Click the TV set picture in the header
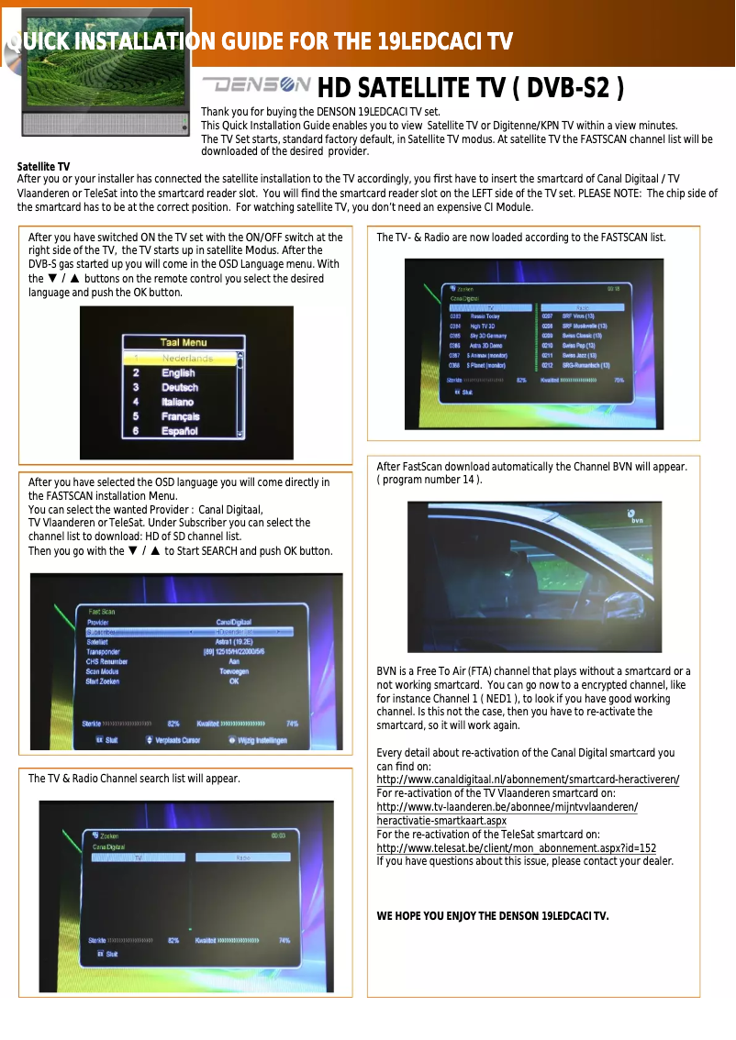coord(106,71)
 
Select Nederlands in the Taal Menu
coord(186,359)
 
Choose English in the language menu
coord(178,373)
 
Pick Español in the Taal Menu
coord(180,430)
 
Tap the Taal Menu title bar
coord(184,343)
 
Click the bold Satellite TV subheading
coord(43,166)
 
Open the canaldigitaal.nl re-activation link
coord(528,780)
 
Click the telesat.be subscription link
coord(516,848)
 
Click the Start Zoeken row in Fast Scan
coord(104,681)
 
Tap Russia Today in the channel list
coord(485,315)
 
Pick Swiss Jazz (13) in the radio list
coord(579,355)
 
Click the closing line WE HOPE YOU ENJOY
coord(492,916)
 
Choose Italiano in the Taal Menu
coord(178,402)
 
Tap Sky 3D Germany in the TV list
coord(489,336)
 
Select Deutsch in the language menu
coord(180,388)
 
